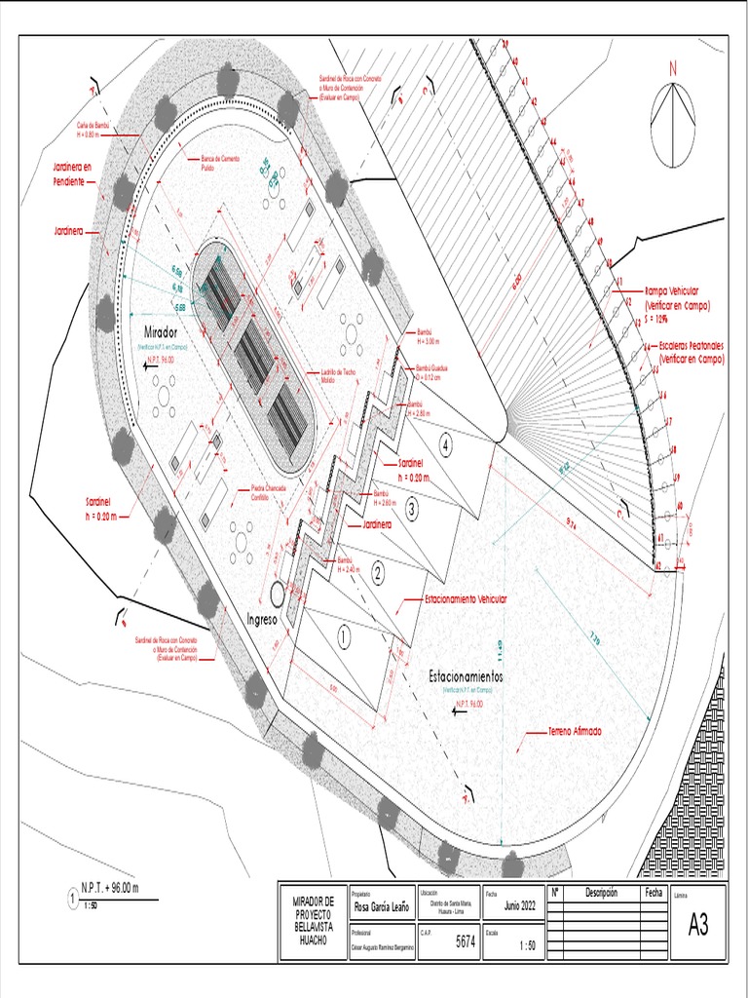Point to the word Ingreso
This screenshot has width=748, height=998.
[x=263, y=618]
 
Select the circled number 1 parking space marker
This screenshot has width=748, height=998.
[x=343, y=635]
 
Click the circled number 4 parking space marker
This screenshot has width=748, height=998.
[x=446, y=444]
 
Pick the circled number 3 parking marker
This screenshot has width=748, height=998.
[x=412, y=508]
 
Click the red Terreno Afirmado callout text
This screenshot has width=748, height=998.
[x=561, y=731]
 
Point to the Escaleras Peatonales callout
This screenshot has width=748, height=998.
[x=692, y=353]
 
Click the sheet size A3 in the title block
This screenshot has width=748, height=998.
[x=698, y=925]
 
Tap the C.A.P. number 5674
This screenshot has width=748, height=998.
[x=466, y=943]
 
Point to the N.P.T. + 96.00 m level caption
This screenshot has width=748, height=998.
[x=110, y=887]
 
